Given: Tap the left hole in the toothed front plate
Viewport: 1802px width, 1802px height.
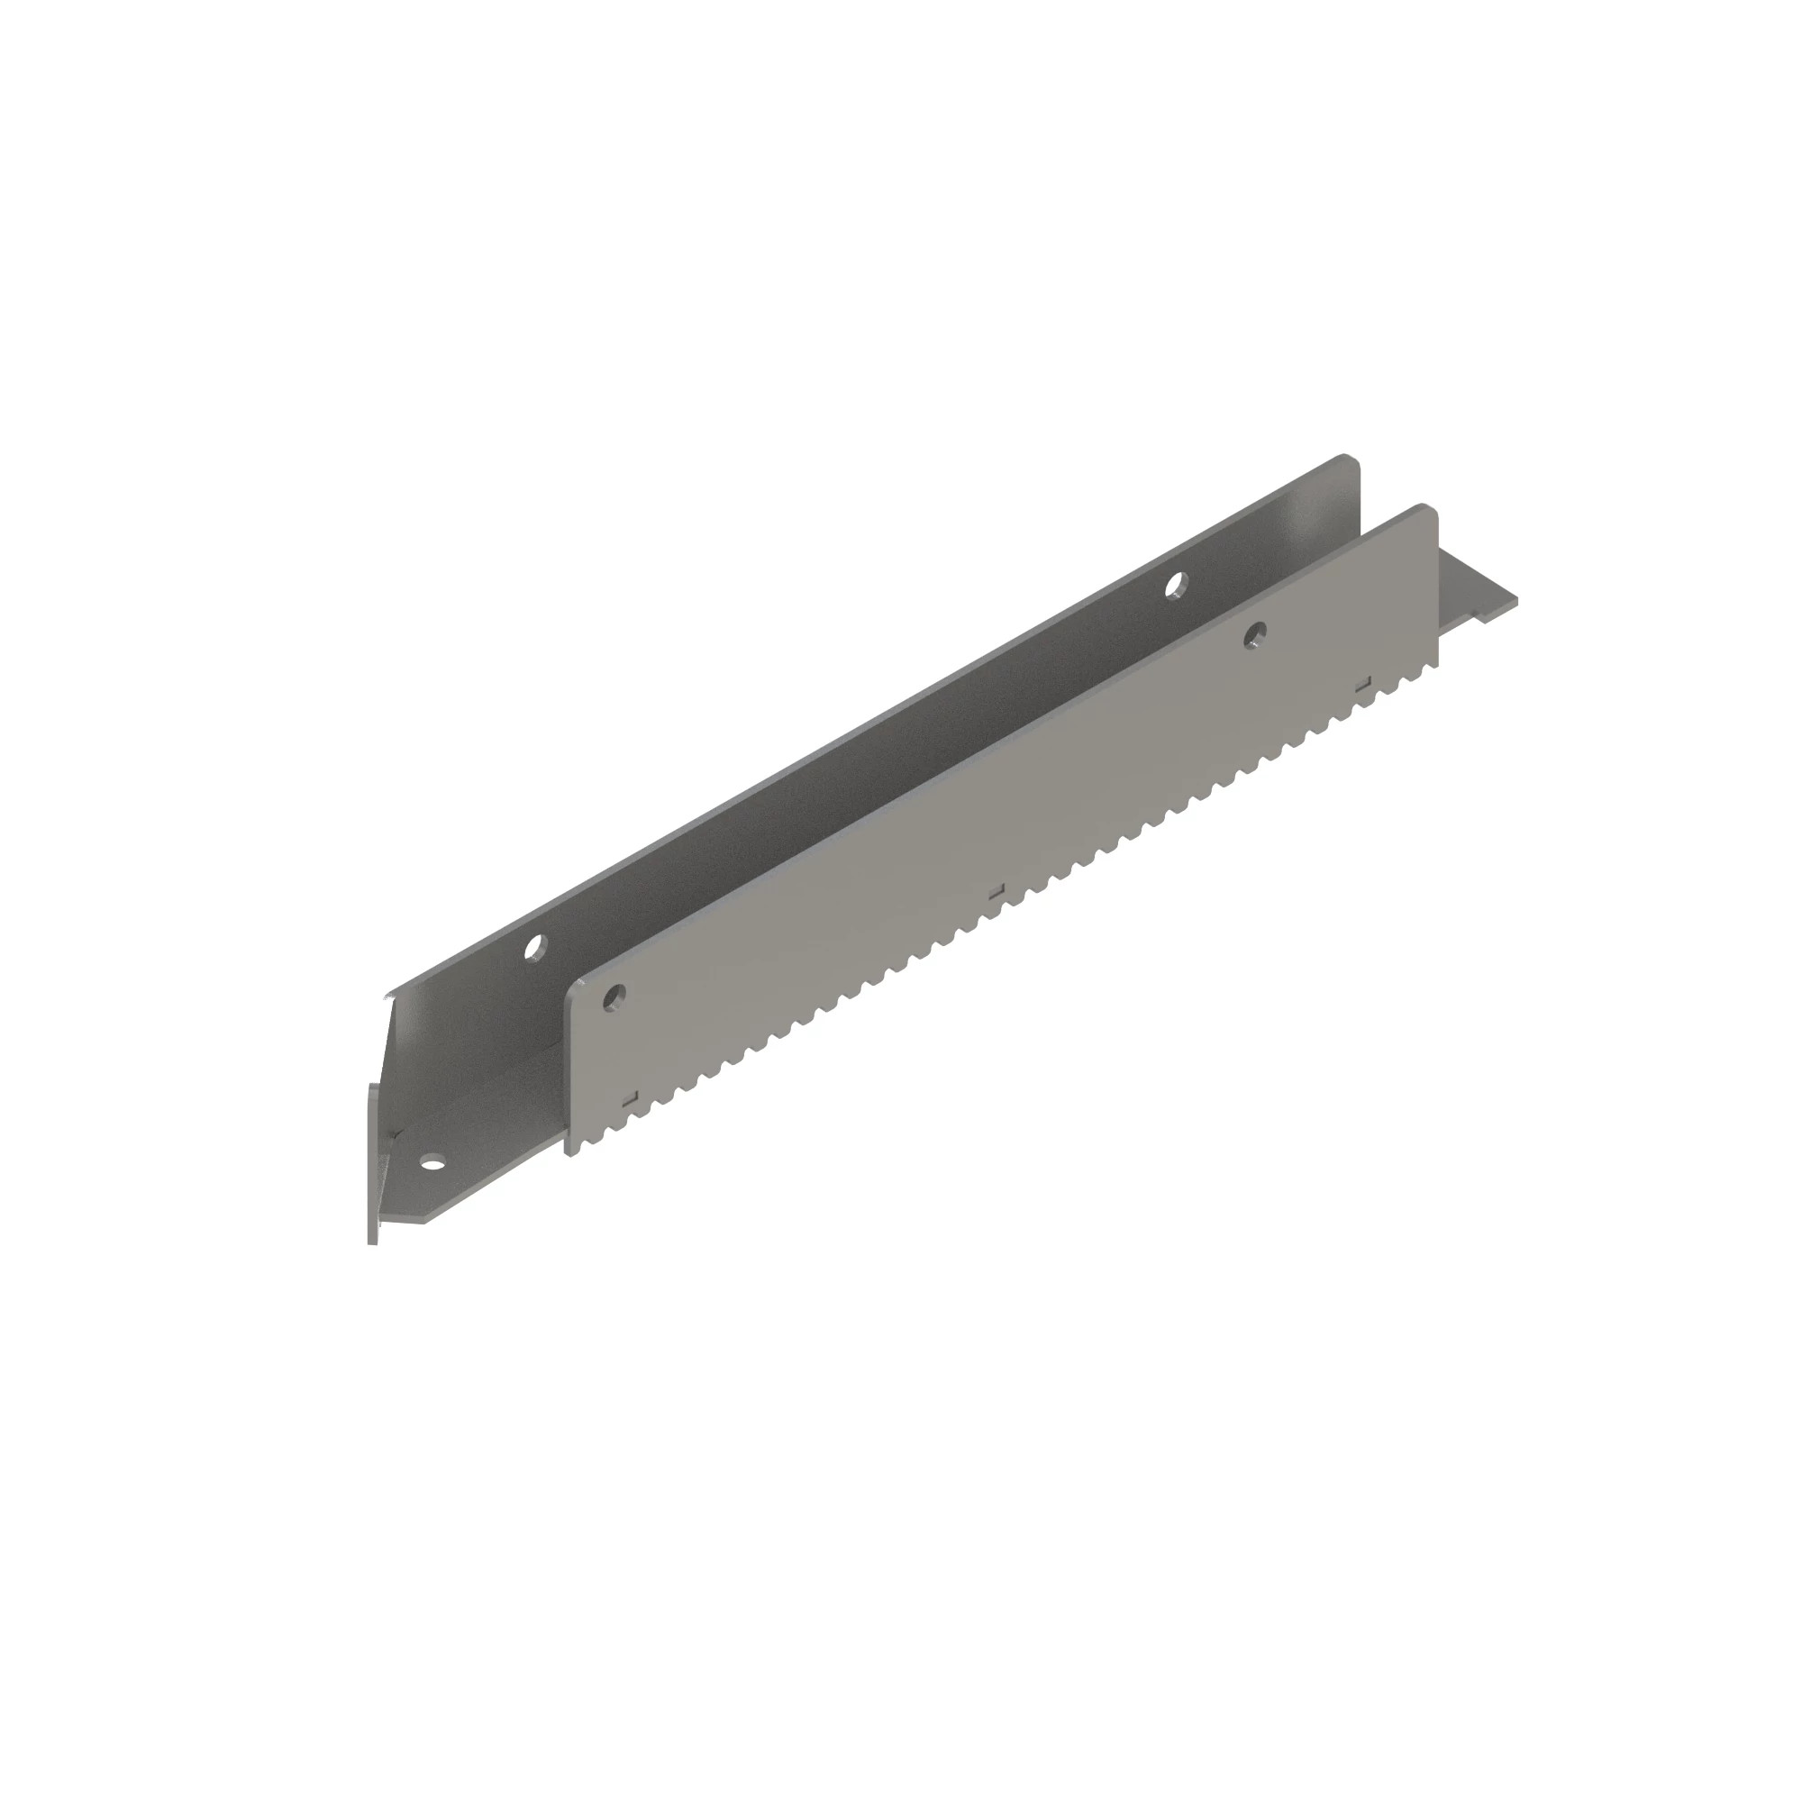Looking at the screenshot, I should [613, 998].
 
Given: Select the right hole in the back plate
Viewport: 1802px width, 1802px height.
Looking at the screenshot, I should [1178, 584].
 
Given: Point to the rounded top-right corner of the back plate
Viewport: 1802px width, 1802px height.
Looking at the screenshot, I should [1349, 460].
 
